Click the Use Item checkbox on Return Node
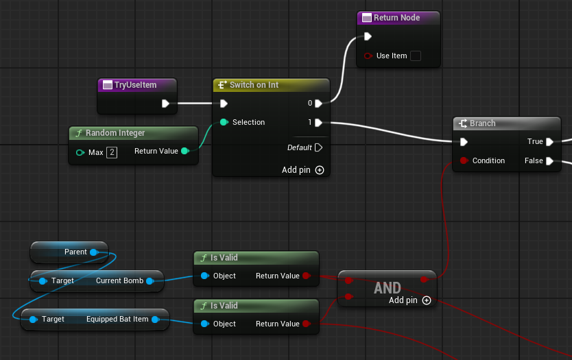[x=416, y=56]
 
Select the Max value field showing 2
[x=112, y=152]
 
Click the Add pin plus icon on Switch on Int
[x=320, y=170]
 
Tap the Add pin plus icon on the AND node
[x=427, y=300]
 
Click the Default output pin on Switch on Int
[x=318, y=147]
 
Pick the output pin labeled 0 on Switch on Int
[x=318, y=104]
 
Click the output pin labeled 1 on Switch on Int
[x=318, y=122]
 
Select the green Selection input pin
[x=224, y=122]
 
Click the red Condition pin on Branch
[x=464, y=160]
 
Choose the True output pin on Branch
[x=550, y=141]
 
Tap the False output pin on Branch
[x=550, y=161]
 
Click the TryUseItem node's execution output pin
[x=165, y=104]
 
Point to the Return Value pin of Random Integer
[x=185, y=151]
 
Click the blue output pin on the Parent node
[x=94, y=252]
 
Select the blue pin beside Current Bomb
[x=150, y=281]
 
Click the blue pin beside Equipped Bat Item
[x=156, y=320]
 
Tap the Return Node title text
[x=396, y=18]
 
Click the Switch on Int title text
[x=254, y=85]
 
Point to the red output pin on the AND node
[x=424, y=279]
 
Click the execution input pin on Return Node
[x=368, y=36]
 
